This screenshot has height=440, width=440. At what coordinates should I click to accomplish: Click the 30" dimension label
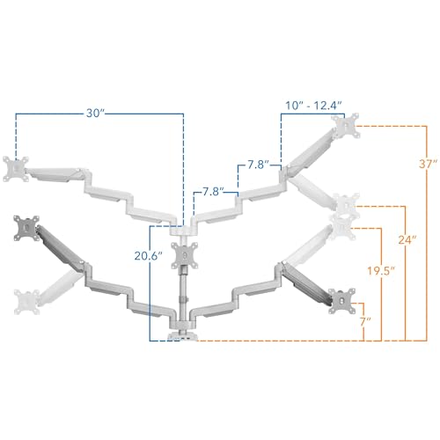95,114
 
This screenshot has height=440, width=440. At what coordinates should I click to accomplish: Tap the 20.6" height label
149,256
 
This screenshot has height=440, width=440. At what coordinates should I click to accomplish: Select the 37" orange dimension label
429,165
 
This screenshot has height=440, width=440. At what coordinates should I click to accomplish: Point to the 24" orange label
407,240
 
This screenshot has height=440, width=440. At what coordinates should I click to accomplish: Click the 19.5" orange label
381,271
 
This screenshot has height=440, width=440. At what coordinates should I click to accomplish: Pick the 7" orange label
365,322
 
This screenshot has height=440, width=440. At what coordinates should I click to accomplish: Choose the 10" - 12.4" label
313,106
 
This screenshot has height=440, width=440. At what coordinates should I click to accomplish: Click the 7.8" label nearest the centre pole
213,192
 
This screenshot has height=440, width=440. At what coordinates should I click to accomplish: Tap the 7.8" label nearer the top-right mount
259,165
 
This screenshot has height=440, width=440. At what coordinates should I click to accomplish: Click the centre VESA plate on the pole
185,255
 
